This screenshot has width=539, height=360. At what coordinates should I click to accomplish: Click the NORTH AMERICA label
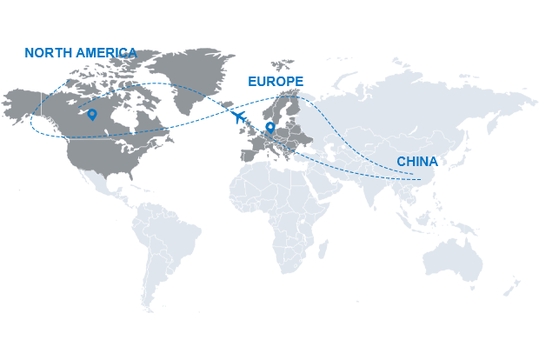pyautogui.click(x=81, y=53)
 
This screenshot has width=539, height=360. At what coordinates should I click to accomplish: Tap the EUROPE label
pyautogui.click(x=275, y=81)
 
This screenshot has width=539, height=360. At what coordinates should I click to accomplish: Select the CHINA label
pyautogui.click(x=417, y=162)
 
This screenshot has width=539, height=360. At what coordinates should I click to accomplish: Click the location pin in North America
pyautogui.click(x=91, y=114)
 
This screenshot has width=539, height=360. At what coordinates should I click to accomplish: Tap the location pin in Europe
pyautogui.click(x=270, y=127)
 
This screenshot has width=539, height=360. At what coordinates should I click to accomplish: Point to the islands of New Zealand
pyautogui.click(x=513, y=287)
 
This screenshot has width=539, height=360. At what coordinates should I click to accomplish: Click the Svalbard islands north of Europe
pyautogui.click(x=283, y=65)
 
